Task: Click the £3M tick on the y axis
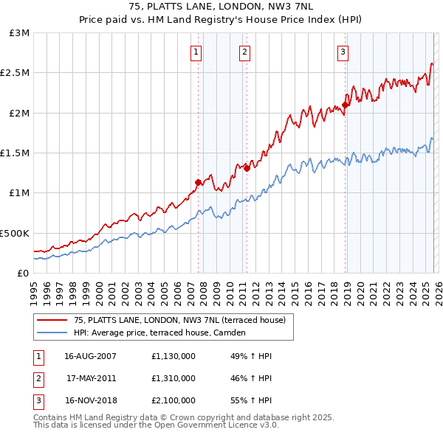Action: pyautogui.click(x=20, y=33)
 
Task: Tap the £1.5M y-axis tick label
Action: pyautogui.click(x=16, y=153)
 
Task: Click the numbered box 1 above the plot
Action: pyautogui.click(x=196, y=52)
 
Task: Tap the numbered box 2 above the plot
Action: pyautogui.click(x=244, y=52)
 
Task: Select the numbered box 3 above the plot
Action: pyautogui.click(x=343, y=52)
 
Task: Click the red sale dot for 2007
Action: pyautogui.click(x=198, y=182)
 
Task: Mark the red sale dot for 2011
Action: pyautogui.click(x=247, y=168)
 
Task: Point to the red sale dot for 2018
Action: pyautogui.click(x=346, y=105)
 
